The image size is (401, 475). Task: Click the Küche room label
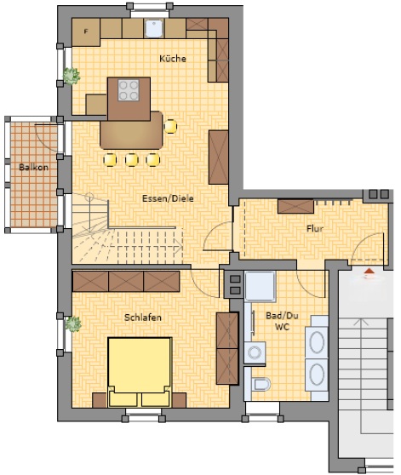tap(173, 59)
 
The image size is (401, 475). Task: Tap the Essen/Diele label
tap(168, 198)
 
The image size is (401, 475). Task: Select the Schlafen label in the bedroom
tap(143, 318)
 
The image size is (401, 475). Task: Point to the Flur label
tap(315, 228)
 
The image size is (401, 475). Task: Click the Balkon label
tap(33, 167)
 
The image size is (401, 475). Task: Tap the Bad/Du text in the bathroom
tap(282, 316)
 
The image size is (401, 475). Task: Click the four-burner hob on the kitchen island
tap(129, 90)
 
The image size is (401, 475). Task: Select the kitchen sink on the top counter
tap(153, 29)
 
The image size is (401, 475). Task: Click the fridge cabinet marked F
tap(86, 32)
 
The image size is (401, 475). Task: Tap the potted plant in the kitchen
tap(72, 76)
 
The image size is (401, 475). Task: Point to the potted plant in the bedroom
tap(72, 323)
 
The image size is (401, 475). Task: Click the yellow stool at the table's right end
tap(170, 126)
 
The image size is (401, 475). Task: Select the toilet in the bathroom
tap(261, 385)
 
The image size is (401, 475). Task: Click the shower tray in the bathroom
tap(261, 287)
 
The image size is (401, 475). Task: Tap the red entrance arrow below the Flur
tap(369, 272)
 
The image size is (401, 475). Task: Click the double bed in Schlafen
tap(139, 372)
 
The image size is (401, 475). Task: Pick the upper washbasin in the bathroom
tap(317, 342)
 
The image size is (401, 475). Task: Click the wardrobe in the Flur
tap(295, 206)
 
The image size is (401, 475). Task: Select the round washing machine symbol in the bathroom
tap(255, 352)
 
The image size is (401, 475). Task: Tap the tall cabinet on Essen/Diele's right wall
tap(218, 157)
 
